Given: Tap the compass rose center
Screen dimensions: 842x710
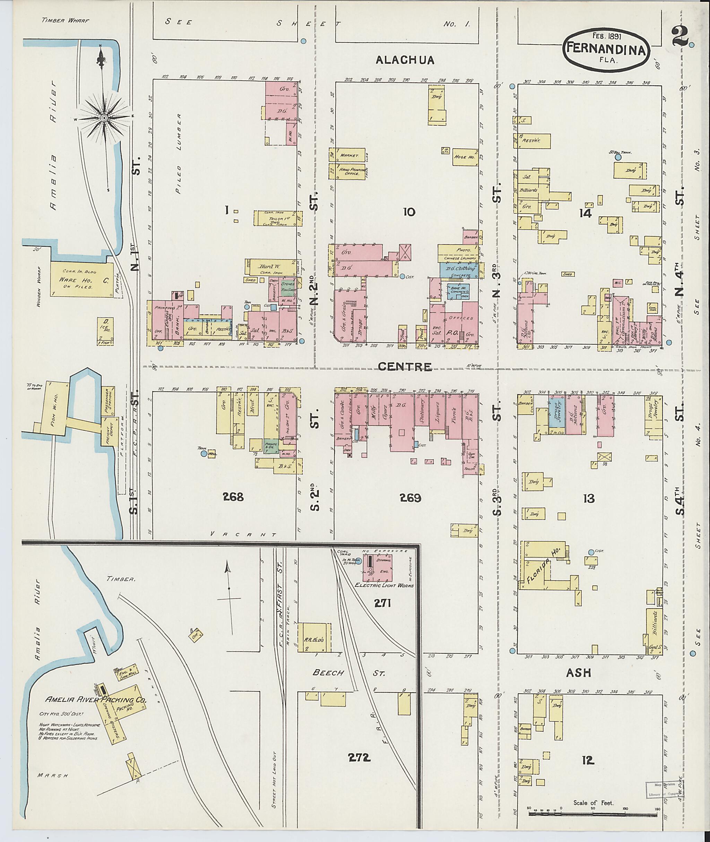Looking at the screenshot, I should point(104,118).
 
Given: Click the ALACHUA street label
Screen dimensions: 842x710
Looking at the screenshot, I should point(405,60).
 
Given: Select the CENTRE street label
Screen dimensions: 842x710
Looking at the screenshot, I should point(405,367).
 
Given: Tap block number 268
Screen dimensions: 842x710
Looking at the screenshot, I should point(233,497).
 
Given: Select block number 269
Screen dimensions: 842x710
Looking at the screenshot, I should point(410,498).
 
